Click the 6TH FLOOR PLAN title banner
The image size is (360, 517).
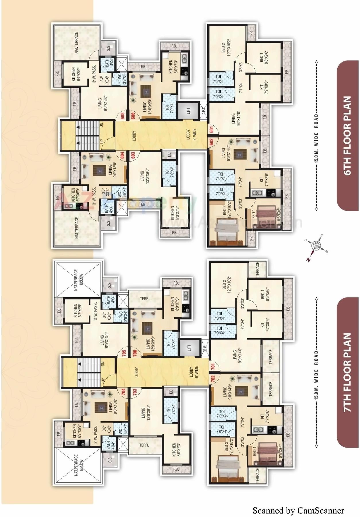click(x=348, y=135)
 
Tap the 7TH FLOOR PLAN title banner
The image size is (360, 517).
click(x=348, y=372)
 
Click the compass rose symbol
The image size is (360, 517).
click(x=316, y=246)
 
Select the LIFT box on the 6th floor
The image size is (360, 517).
click(x=188, y=110)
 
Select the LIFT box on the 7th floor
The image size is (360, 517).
click(x=189, y=348)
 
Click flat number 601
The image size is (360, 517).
click(x=212, y=130)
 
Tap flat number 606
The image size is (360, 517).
click(x=133, y=116)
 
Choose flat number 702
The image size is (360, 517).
click(x=213, y=379)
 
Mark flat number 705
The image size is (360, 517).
click(x=124, y=352)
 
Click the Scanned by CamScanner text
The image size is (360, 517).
click(x=298, y=511)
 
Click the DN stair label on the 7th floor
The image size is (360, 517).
click(x=103, y=364)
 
